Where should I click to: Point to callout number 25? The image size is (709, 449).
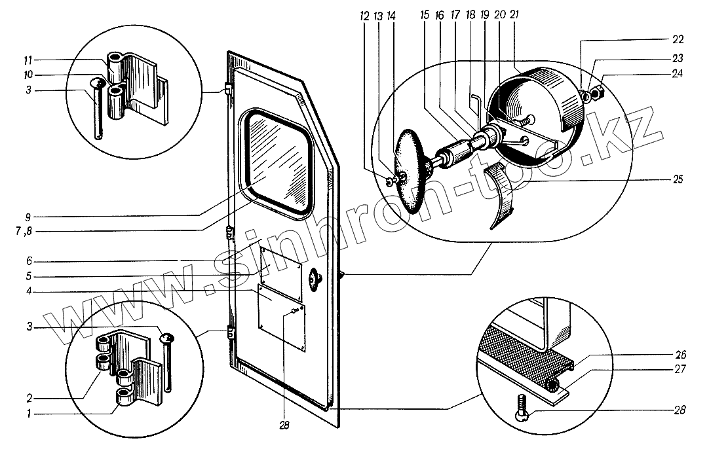[678, 179]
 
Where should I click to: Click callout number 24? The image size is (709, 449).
[677, 74]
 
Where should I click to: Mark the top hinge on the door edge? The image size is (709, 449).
[227, 90]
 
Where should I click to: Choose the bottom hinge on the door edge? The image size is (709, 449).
[230, 333]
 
